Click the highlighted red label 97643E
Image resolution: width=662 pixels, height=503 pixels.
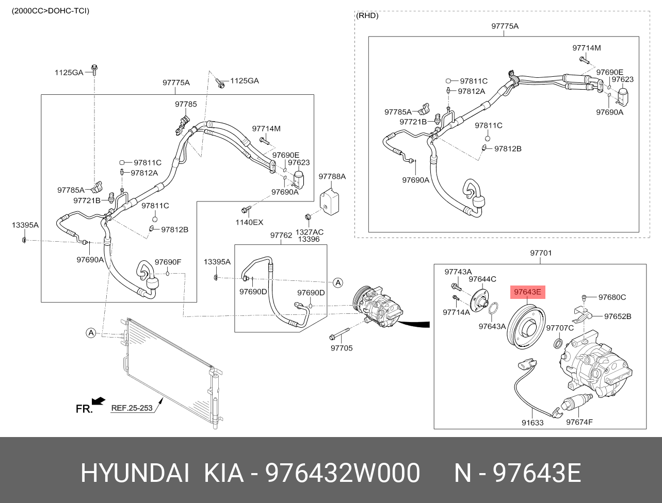[527, 292]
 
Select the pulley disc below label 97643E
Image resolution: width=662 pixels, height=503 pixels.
[527, 327]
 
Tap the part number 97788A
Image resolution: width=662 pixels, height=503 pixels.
[332, 176]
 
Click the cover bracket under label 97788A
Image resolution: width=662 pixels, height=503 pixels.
[329, 201]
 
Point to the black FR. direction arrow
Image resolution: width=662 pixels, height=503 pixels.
[99, 401]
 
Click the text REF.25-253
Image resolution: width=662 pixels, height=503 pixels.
[132, 408]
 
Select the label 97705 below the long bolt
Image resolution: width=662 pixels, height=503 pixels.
[342, 348]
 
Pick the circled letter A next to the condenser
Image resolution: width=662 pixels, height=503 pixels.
[91, 333]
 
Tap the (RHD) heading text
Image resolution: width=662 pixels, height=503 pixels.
[367, 15]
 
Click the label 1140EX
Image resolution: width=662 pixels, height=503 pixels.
[249, 222]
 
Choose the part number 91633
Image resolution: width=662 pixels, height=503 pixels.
[532, 423]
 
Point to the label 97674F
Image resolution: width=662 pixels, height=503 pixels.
[579, 422]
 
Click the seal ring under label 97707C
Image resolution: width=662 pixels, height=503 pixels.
[559, 343]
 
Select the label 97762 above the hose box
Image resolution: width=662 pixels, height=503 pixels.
[281, 235]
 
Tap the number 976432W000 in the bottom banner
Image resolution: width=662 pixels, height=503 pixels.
[342, 473]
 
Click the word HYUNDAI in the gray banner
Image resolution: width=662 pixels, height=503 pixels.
[135, 473]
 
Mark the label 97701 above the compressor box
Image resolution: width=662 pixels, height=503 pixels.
[541, 253]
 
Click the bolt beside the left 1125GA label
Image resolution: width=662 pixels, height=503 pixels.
[94, 70]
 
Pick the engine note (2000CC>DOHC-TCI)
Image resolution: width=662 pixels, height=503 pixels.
[51, 11]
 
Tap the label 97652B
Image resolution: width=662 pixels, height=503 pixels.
[618, 316]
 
